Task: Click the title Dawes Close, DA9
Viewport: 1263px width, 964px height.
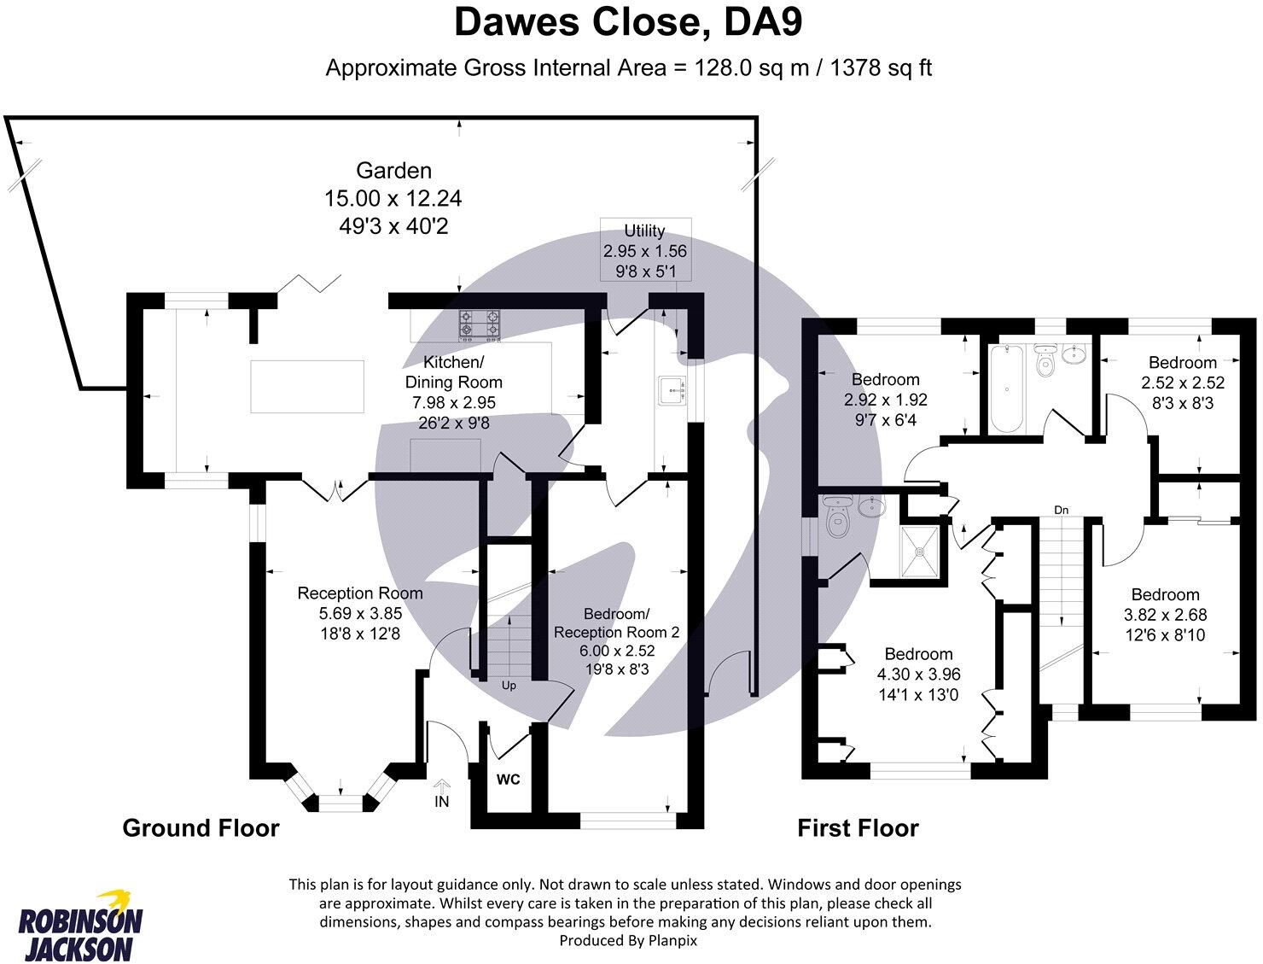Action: coord(628,23)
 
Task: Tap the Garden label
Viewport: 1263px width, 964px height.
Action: coord(393,171)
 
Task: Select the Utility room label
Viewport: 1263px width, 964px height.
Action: coord(644,231)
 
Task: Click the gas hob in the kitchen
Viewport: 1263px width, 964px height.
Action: coord(480,324)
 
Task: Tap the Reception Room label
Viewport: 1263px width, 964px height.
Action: coord(359,593)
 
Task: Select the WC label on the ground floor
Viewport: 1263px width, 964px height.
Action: coord(509,780)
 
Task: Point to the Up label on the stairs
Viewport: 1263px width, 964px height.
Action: coord(508,686)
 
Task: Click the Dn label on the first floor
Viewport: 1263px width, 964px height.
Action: coord(1061,510)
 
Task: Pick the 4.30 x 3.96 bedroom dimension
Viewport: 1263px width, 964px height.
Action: coord(918,675)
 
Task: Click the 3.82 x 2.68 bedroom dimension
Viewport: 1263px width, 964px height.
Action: coord(1165,615)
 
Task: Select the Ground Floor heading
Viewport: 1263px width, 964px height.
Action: coord(201,828)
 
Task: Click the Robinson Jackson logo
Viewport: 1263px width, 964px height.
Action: coord(81,926)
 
